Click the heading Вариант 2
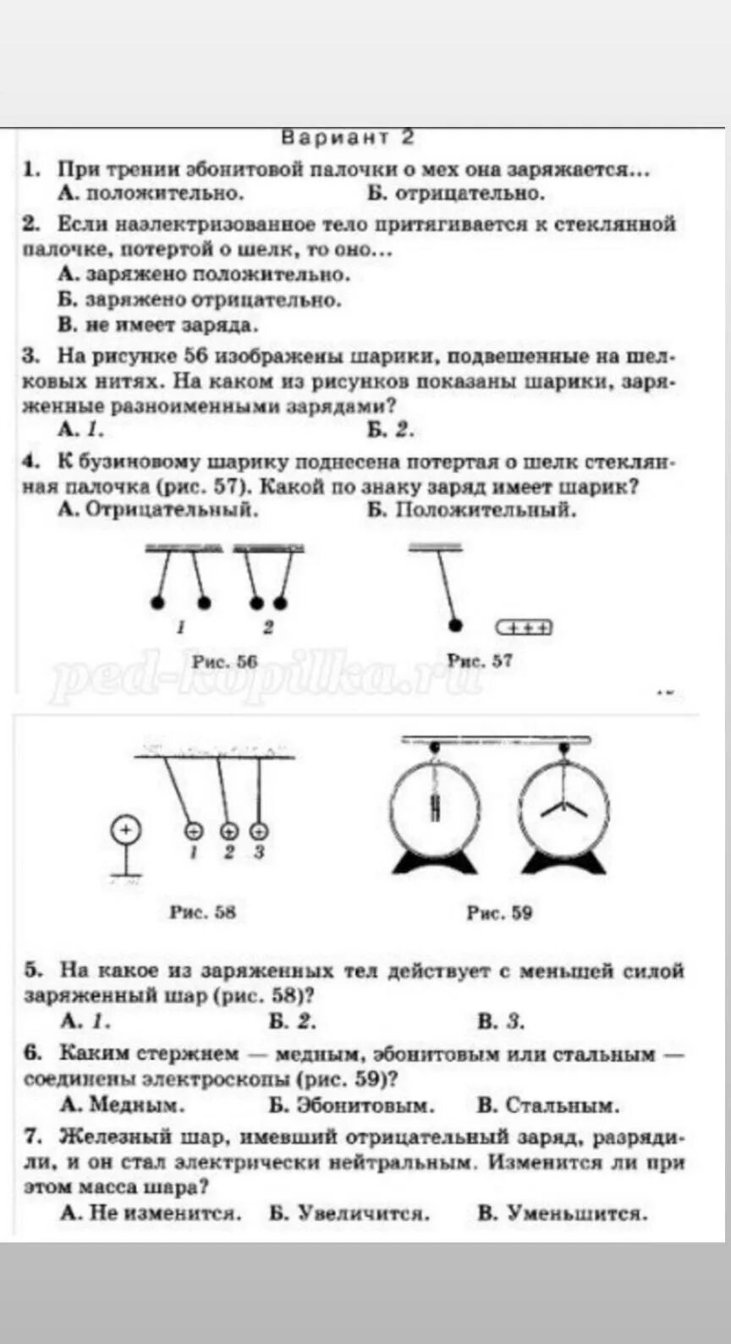pos(347,137)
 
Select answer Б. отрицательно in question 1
pos(456,193)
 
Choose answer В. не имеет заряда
pos(158,324)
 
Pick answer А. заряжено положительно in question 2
pos(204,274)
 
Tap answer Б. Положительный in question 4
pos(472,510)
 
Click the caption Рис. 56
pos(224,661)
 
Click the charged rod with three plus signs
pos(524,627)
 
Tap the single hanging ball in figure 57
pos(455,625)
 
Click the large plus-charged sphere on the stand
pos(125,829)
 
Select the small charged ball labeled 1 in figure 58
pos(193,830)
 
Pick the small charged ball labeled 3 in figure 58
pos(260,830)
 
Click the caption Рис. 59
pos(499,912)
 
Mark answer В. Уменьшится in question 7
pos(563,1213)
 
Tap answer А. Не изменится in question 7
pos(151,1213)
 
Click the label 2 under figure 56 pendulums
pos(268,628)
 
